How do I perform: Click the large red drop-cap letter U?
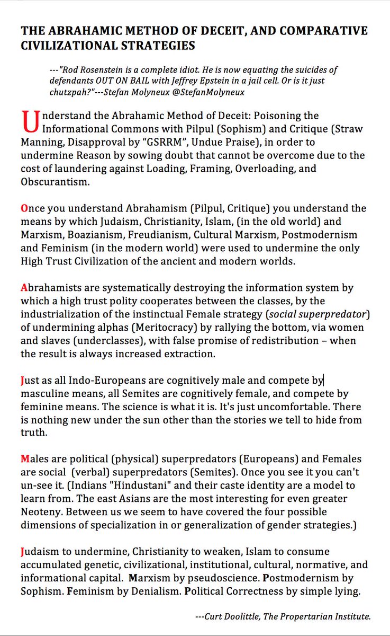point(30,121)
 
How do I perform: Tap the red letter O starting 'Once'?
point(24,208)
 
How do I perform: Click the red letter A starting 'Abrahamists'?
point(24,288)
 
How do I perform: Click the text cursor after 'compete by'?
point(323,379)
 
